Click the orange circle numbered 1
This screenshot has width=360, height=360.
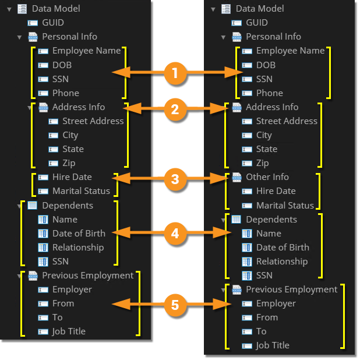tap(175, 73)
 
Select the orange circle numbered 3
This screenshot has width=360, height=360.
tap(175, 179)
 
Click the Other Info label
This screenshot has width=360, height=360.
tap(267, 177)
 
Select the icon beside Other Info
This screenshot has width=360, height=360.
tap(237, 177)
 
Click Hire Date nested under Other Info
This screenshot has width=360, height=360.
tap(276, 191)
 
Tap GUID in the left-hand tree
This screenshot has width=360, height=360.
tap(53, 23)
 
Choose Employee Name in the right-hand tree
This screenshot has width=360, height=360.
tap(290, 51)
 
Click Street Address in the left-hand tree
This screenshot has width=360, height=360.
tap(93, 121)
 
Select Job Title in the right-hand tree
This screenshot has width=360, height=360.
tap(272, 345)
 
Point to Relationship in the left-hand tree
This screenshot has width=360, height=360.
tap(78, 248)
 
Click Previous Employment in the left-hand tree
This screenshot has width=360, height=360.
tap(87, 276)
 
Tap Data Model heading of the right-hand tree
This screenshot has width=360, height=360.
tap(260, 9)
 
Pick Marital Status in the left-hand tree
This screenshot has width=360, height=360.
tap(81, 191)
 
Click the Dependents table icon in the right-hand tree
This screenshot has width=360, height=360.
tap(237, 220)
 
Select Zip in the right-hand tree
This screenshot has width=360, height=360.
tap(262, 163)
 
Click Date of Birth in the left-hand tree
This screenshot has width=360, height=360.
tap(79, 234)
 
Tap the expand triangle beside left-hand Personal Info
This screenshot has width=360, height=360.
tap(19, 37)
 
